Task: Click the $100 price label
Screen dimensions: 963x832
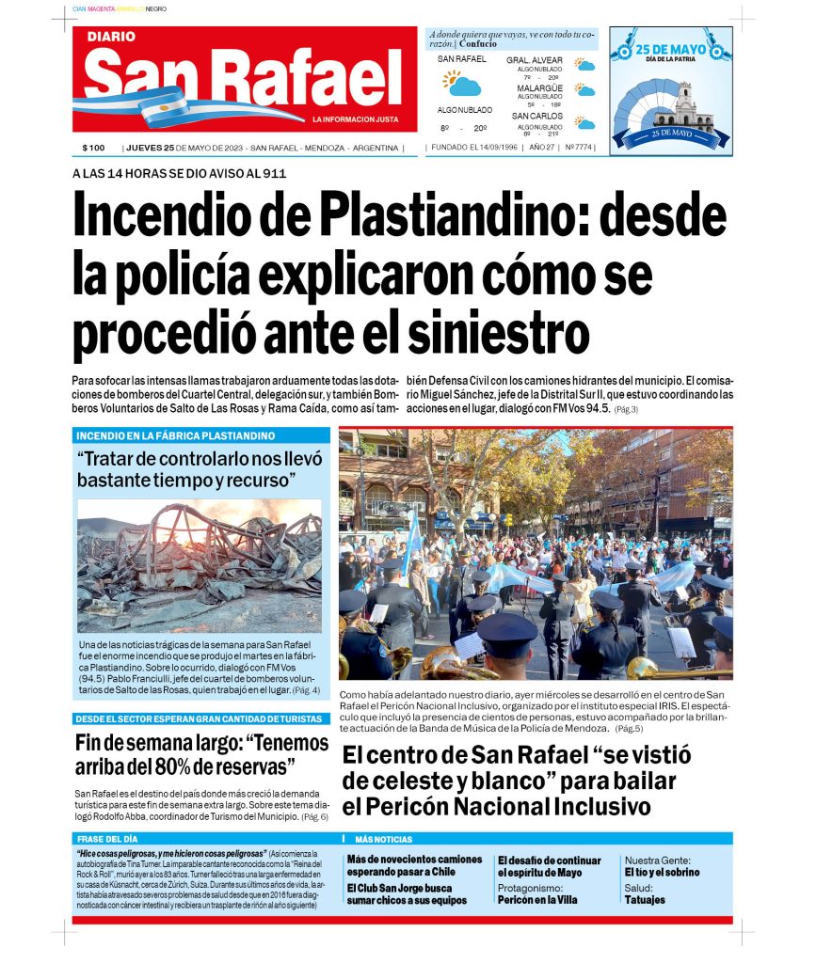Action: (x=93, y=148)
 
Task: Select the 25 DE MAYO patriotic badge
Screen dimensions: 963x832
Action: (x=670, y=89)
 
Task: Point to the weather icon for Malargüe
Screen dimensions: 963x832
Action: (x=585, y=90)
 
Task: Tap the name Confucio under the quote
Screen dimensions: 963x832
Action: (x=479, y=44)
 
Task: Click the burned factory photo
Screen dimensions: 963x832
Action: (x=200, y=565)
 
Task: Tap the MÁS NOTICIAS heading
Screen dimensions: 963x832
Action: (x=383, y=839)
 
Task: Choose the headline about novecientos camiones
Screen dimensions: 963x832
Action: (x=414, y=865)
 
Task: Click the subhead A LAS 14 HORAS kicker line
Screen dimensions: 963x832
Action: (x=179, y=173)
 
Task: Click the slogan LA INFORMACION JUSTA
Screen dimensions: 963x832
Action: (x=355, y=119)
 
